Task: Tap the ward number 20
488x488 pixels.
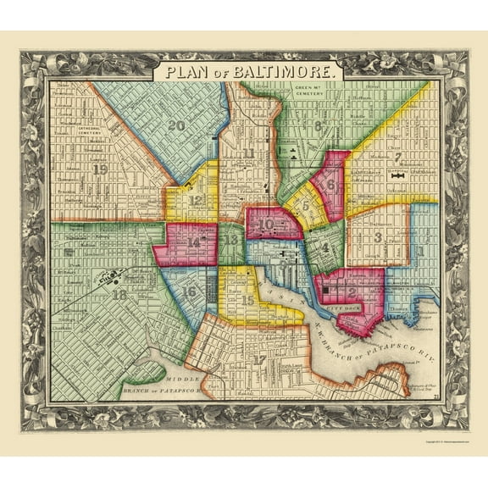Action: (176, 125)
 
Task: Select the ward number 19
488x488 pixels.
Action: (101, 169)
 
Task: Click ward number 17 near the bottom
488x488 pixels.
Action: (259, 359)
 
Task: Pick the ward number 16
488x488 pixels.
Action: (190, 292)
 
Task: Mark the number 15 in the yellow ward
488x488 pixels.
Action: (247, 300)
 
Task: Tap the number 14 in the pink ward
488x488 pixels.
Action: (195, 241)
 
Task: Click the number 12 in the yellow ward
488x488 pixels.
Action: (197, 201)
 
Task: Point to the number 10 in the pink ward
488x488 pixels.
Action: (267, 225)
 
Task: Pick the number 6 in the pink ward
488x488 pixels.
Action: (330, 183)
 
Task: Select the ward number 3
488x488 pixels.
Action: (378, 236)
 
